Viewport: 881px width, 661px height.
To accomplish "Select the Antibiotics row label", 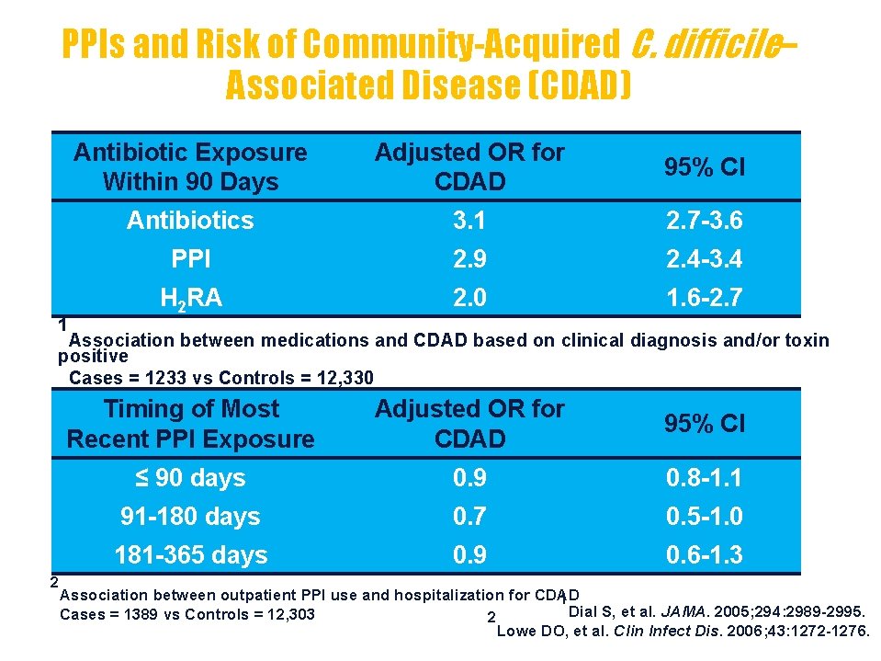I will [x=190, y=221].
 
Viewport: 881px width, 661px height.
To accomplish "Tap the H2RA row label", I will [x=190, y=299].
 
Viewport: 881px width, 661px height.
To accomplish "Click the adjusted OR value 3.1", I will [x=469, y=221].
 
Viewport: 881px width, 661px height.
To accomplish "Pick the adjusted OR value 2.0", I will [x=469, y=299].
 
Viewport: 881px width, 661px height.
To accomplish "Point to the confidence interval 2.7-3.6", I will [x=705, y=221].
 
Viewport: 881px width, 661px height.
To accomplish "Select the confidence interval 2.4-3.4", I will [x=705, y=260].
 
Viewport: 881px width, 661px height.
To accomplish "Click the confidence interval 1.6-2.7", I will [x=705, y=299].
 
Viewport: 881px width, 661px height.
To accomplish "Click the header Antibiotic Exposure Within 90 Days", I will [x=190, y=166].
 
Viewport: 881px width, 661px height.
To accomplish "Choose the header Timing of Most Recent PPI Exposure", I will [x=190, y=424].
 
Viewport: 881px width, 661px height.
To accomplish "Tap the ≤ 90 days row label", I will [x=190, y=478].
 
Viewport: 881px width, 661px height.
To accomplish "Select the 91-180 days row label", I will [x=190, y=517].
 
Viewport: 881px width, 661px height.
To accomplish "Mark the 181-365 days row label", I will [x=190, y=555].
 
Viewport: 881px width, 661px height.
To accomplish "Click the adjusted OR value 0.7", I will [x=469, y=517].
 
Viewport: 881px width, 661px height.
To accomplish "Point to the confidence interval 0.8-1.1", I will [x=705, y=478].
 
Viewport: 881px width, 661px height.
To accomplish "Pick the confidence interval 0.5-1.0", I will [x=705, y=517].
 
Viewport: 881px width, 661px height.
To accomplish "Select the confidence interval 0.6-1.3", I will [x=705, y=555].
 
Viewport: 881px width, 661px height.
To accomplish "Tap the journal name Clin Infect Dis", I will [x=657, y=631].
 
